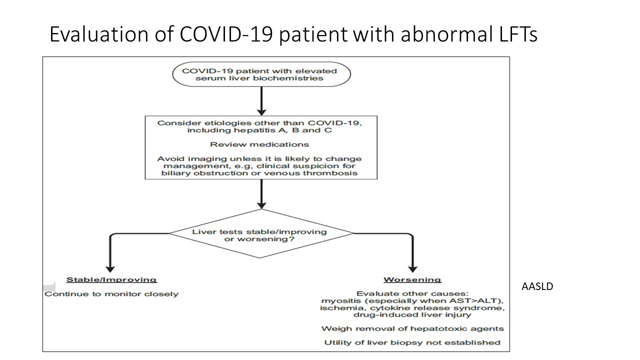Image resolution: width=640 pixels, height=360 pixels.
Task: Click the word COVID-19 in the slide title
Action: pyautogui.click(x=226, y=34)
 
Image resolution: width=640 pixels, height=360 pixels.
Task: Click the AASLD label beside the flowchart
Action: pyautogui.click(x=537, y=286)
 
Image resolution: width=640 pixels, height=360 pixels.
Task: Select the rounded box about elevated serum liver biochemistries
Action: pyautogui.click(x=261, y=74)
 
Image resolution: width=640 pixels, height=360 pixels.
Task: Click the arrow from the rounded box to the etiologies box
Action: pyautogui.click(x=261, y=101)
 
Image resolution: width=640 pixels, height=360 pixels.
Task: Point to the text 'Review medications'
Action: pyautogui.click(x=259, y=144)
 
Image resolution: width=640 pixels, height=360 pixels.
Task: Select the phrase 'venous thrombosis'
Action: pyautogui.click(x=310, y=173)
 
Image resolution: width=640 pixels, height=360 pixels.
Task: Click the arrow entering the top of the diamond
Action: pyautogui.click(x=261, y=194)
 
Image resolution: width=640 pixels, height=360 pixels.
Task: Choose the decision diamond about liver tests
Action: pyautogui.click(x=261, y=233)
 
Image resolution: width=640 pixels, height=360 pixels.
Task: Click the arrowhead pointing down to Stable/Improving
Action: pyautogui.click(x=110, y=269)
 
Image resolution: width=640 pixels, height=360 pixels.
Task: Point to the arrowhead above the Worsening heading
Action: pyautogui.click(x=412, y=269)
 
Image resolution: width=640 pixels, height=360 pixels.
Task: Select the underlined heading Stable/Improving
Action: pyautogui.click(x=111, y=279)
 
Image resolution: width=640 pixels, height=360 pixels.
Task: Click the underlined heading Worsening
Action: pyautogui.click(x=412, y=279)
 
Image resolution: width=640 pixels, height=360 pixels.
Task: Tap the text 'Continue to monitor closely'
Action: pyautogui.click(x=111, y=294)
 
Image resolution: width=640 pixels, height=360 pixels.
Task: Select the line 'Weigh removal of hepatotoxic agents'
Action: pyautogui.click(x=412, y=329)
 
